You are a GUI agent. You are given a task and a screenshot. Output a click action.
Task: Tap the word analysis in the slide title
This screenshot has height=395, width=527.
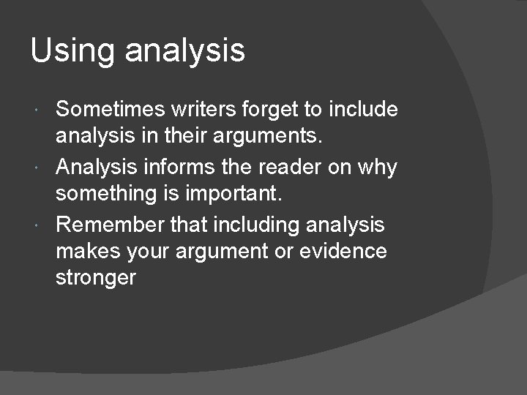185,52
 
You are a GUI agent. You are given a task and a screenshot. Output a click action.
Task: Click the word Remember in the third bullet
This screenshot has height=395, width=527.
110,224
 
